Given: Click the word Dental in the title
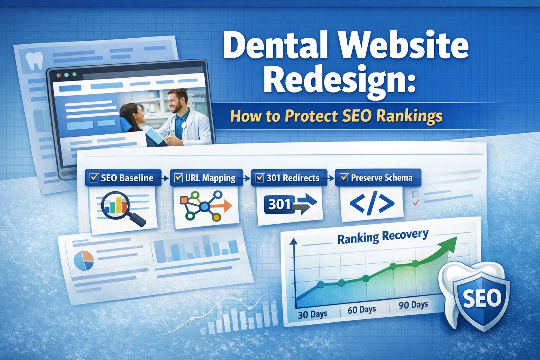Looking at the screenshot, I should coord(275,45).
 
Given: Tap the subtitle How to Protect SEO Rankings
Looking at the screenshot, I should coord(336,116).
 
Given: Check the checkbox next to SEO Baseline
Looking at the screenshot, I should coord(94,178).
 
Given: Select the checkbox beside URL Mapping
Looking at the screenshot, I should coord(179,178).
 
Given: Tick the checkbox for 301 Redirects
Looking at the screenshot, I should coord(260,178).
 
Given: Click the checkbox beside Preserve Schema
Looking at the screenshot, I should coord(344,178).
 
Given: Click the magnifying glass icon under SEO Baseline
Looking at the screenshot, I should coord(121,207).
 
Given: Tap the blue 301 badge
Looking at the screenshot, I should coord(278,204).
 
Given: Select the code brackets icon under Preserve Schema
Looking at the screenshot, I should coord(372,204).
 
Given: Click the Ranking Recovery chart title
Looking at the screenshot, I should coord(383,237).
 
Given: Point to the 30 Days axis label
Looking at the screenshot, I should coord(313,314).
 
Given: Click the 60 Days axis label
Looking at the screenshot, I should coord(361,310).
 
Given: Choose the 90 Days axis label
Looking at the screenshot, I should coord(413,305).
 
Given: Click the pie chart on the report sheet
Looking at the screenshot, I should coord(84,261).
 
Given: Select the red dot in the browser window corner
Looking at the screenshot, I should coord(59,75).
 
